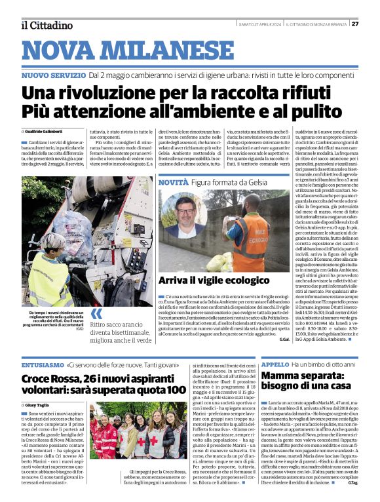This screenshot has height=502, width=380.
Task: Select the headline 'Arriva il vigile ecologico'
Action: click(x=210, y=299)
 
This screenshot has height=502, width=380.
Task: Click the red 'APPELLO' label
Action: click(x=275, y=364)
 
